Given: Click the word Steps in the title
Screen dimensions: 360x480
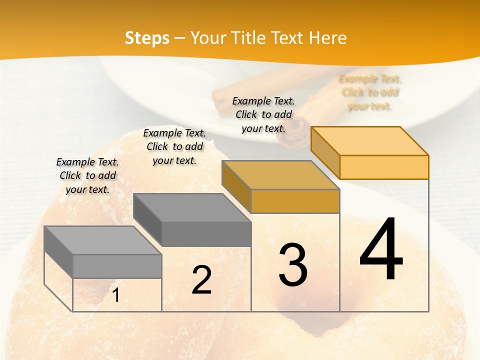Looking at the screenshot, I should pyautogui.click(x=147, y=38).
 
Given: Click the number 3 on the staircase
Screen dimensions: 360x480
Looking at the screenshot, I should pyautogui.click(x=292, y=264).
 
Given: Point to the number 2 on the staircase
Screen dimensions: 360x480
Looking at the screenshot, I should pyautogui.click(x=201, y=280).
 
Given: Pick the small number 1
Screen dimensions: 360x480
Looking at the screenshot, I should pyautogui.click(x=115, y=295).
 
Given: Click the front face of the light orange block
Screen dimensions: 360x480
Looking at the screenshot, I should pyautogui.click(x=384, y=167).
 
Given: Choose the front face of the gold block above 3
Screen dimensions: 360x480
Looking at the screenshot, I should pyautogui.click(x=295, y=201).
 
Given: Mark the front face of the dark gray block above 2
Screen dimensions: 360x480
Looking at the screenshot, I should pyautogui.click(x=206, y=234).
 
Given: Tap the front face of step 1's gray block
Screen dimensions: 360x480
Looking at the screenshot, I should pyautogui.click(x=117, y=266).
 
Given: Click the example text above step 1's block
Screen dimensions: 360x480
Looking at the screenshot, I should pyautogui.click(x=87, y=175).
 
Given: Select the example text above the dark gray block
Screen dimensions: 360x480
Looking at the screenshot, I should pyautogui.click(x=174, y=146).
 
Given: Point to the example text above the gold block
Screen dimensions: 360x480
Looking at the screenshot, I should pyautogui.click(x=263, y=114).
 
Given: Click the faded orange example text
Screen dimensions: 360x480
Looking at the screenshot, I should pyautogui.click(x=370, y=92).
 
